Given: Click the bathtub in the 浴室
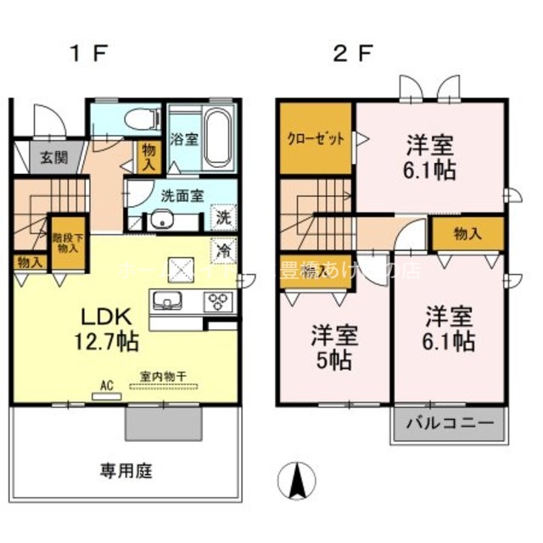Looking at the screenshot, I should [218, 136].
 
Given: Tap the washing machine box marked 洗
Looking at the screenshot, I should [222, 216].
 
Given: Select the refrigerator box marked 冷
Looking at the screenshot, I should [223, 251].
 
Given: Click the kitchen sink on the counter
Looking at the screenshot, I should [166, 300].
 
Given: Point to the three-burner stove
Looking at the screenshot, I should [220, 301].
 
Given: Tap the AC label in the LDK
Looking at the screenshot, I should [107, 384].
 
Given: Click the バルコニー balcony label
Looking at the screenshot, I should [448, 422].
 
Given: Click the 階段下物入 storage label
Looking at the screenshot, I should [66, 244].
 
